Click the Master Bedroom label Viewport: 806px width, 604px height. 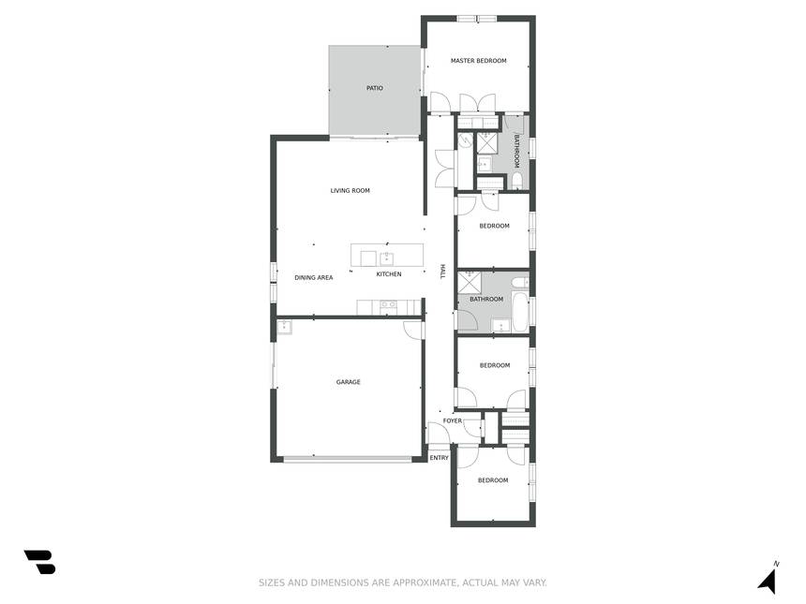point(478,61)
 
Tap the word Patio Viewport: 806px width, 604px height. point(374,88)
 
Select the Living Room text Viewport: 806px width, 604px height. point(351,190)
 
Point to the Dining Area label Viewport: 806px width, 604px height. point(314,278)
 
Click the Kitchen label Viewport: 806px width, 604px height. point(389,274)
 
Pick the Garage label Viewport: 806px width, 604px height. point(348,382)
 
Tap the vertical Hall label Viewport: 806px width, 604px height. point(442,272)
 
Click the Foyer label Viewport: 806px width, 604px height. point(453,420)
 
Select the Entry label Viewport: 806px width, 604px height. point(439,458)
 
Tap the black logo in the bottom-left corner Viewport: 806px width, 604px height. point(39,562)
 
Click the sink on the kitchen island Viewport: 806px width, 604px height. point(386,258)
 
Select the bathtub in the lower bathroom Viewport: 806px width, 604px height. point(519,312)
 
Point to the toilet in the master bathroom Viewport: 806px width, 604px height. point(516,181)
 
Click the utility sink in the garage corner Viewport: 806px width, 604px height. point(284,327)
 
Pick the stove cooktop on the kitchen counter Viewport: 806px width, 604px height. point(388,306)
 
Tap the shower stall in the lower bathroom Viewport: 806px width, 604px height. point(470,282)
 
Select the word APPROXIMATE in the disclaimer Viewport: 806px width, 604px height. point(425,582)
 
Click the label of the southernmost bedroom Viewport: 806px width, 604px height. point(493,480)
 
